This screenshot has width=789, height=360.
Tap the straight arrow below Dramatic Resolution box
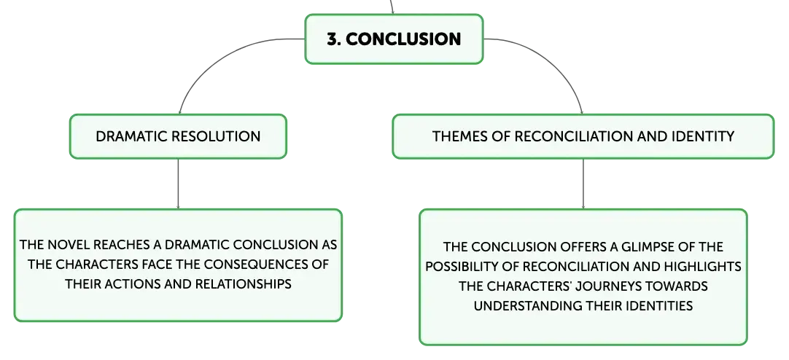pos(178,184)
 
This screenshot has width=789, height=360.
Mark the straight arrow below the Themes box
pos(583,184)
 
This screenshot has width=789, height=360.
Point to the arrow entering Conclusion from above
pos(392,7)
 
